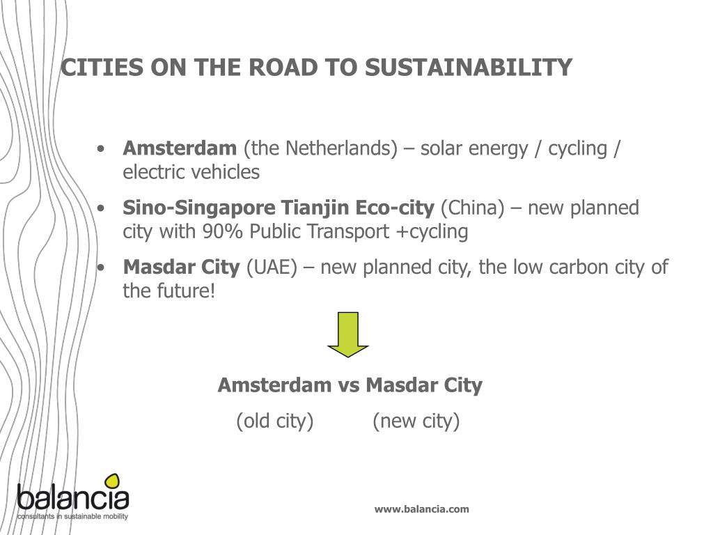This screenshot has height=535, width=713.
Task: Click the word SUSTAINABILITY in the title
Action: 469,68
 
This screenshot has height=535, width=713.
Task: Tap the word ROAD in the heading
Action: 283,68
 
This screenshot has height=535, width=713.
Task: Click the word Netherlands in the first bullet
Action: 341,148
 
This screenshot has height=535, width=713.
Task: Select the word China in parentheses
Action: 473,208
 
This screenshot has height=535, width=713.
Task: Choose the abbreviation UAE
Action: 272,267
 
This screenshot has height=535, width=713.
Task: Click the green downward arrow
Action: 348,335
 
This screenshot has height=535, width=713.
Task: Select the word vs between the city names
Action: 349,385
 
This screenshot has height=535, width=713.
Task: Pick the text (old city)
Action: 274,421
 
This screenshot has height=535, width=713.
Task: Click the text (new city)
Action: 416,421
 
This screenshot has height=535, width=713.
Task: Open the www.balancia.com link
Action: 421,509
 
